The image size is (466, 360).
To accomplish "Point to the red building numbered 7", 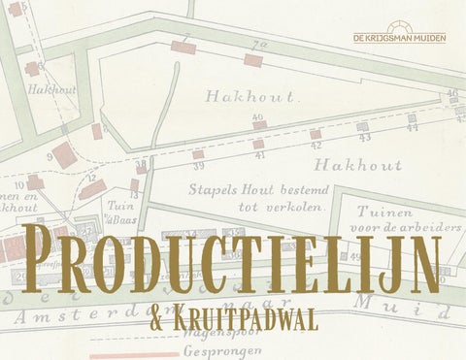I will pos(182,47).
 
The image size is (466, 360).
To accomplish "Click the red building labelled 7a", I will pos(253,60).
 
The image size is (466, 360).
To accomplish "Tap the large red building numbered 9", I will pos(66,154).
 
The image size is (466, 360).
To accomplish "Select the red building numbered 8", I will pos(97,131).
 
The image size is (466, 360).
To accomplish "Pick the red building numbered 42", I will pos(316,134).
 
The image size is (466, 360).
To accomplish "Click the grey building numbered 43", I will pos(362,126).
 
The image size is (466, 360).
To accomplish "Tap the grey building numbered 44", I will pos(412,118).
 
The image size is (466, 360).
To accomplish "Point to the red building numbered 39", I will pos(198,154).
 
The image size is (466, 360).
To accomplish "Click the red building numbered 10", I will pos(35,181).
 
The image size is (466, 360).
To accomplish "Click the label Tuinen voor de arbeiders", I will pos(399,218).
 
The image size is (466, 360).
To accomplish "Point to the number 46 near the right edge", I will pos(451,93).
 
